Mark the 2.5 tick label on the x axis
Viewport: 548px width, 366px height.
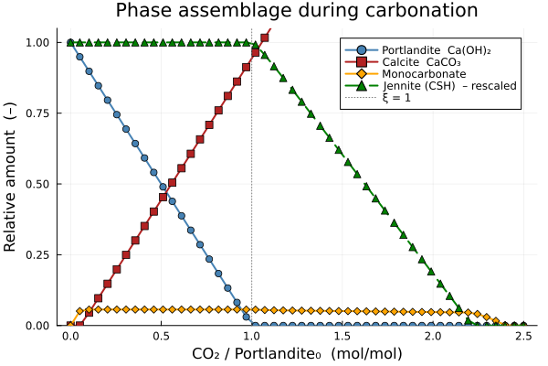(523, 336)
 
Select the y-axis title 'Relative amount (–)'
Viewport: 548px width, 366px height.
(12, 183)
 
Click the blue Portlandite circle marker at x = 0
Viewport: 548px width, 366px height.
(70, 43)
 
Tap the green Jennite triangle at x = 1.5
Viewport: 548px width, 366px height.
(339, 148)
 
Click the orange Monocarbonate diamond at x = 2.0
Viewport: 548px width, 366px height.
(432, 312)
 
